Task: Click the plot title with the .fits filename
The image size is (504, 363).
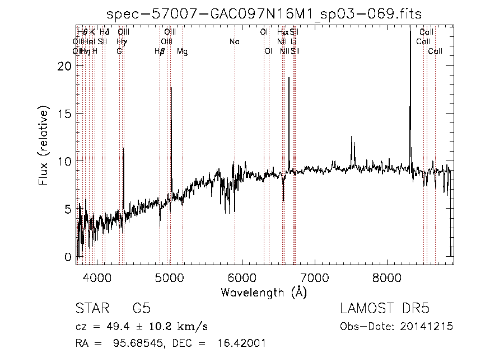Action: (x=264, y=13)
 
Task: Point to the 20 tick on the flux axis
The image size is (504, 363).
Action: (x=66, y=66)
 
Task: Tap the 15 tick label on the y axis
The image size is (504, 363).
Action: (x=66, y=114)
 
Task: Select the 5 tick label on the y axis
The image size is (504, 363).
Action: (x=68, y=209)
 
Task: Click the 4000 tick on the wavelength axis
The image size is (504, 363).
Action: (x=97, y=276)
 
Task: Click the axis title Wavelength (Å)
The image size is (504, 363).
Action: (x=264, y=292)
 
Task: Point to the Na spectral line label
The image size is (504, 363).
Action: (x=235, y=41)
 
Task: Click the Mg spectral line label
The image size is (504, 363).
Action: (x=183, y=51)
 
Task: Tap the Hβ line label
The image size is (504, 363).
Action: (x=160, y=51)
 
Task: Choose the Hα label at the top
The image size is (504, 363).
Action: (x=282, y=32)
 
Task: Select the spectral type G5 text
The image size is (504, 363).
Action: (x=141, y=309)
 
